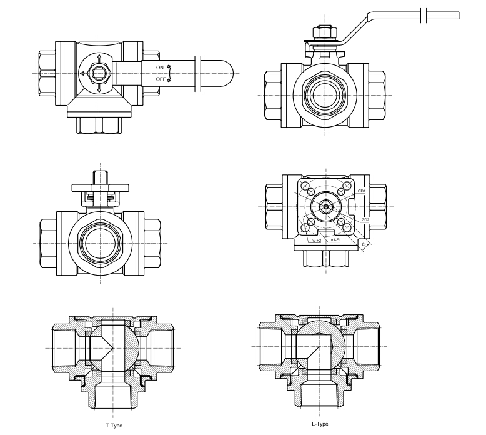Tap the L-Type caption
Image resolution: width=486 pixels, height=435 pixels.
pos(320,424)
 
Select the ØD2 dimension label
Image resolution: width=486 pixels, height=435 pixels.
pos(365,219)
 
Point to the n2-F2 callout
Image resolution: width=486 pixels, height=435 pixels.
pos(317,240)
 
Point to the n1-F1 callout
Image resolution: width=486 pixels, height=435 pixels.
pos(335,240)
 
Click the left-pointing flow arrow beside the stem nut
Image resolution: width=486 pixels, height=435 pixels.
pos(84,73)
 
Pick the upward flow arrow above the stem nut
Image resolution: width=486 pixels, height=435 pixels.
pos(99,60)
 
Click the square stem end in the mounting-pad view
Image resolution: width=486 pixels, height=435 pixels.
pos(325,206)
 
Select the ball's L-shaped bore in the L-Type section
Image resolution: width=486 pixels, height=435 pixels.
pos(312,347)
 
